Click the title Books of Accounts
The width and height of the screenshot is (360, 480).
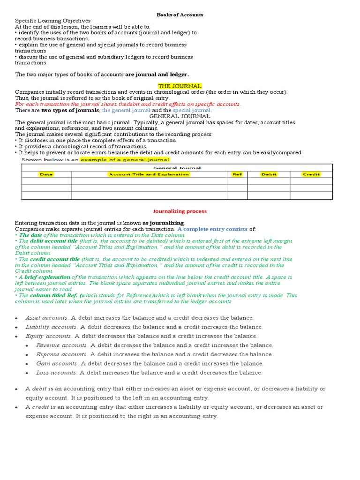pyautogui.click(x=180, y=15)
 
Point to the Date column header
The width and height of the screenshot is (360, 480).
pyautogui.click(x=46, y=174)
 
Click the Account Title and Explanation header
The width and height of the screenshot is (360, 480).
pyautogui.click(x=149, y=174)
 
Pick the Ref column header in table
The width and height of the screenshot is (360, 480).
pyautogui.click(x=237, y=174)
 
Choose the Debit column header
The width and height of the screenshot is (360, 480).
pyautogui.click(x=269, y=174)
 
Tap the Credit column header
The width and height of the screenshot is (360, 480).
pyautogui.click(x=311, y=174)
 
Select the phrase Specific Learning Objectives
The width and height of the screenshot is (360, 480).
pyautogui.click(x=53, y=21)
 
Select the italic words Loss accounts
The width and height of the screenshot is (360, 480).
pyautogui.click(x=56, y=373)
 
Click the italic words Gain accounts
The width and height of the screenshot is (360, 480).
pyautogui.click(x=56, y=364)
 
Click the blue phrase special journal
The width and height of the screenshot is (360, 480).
pyautogui.click(x=192, y=110)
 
